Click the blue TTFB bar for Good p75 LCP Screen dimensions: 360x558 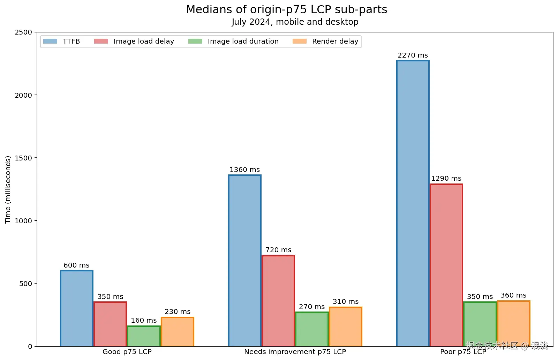77,308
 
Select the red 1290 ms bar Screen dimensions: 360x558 446,265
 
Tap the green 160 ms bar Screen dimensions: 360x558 144,336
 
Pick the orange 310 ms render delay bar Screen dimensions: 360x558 346,327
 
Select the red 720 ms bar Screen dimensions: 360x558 278,301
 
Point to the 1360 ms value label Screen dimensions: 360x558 244,170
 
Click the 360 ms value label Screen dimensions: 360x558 513,295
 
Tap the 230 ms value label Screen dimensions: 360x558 178,312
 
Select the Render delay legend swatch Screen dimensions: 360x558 300,42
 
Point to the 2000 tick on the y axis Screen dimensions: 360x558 23,95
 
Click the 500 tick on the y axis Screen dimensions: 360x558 25,284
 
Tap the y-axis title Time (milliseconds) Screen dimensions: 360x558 8,189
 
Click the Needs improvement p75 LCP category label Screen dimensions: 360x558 295,352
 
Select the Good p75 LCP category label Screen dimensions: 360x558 127,352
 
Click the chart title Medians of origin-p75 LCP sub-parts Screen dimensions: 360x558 286,10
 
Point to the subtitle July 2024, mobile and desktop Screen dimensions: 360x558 295,22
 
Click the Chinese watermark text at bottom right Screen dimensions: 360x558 507,346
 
